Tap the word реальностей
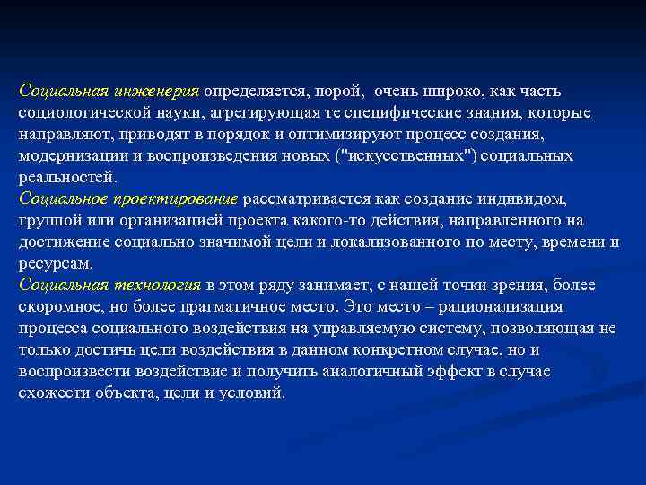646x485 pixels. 60,178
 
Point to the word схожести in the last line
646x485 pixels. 50,393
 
